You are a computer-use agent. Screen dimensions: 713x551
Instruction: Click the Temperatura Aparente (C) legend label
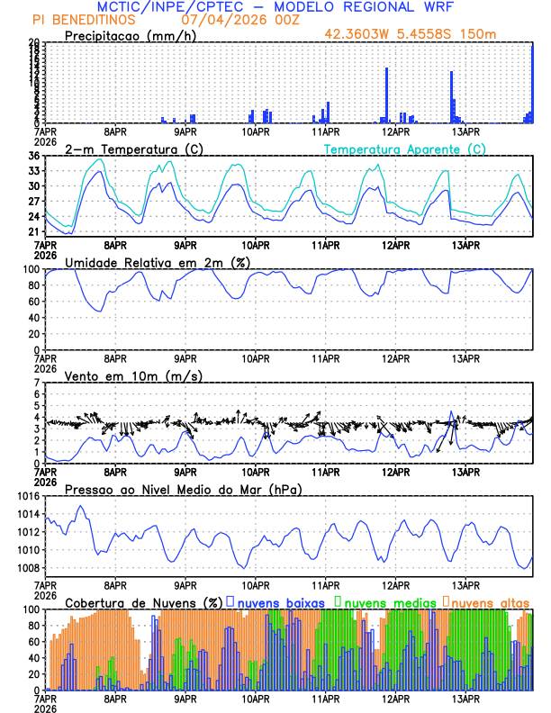coord(404,149)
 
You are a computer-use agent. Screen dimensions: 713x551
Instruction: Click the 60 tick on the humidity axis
coord(34,301)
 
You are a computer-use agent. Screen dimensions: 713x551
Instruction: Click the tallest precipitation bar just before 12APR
coord(387,95)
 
